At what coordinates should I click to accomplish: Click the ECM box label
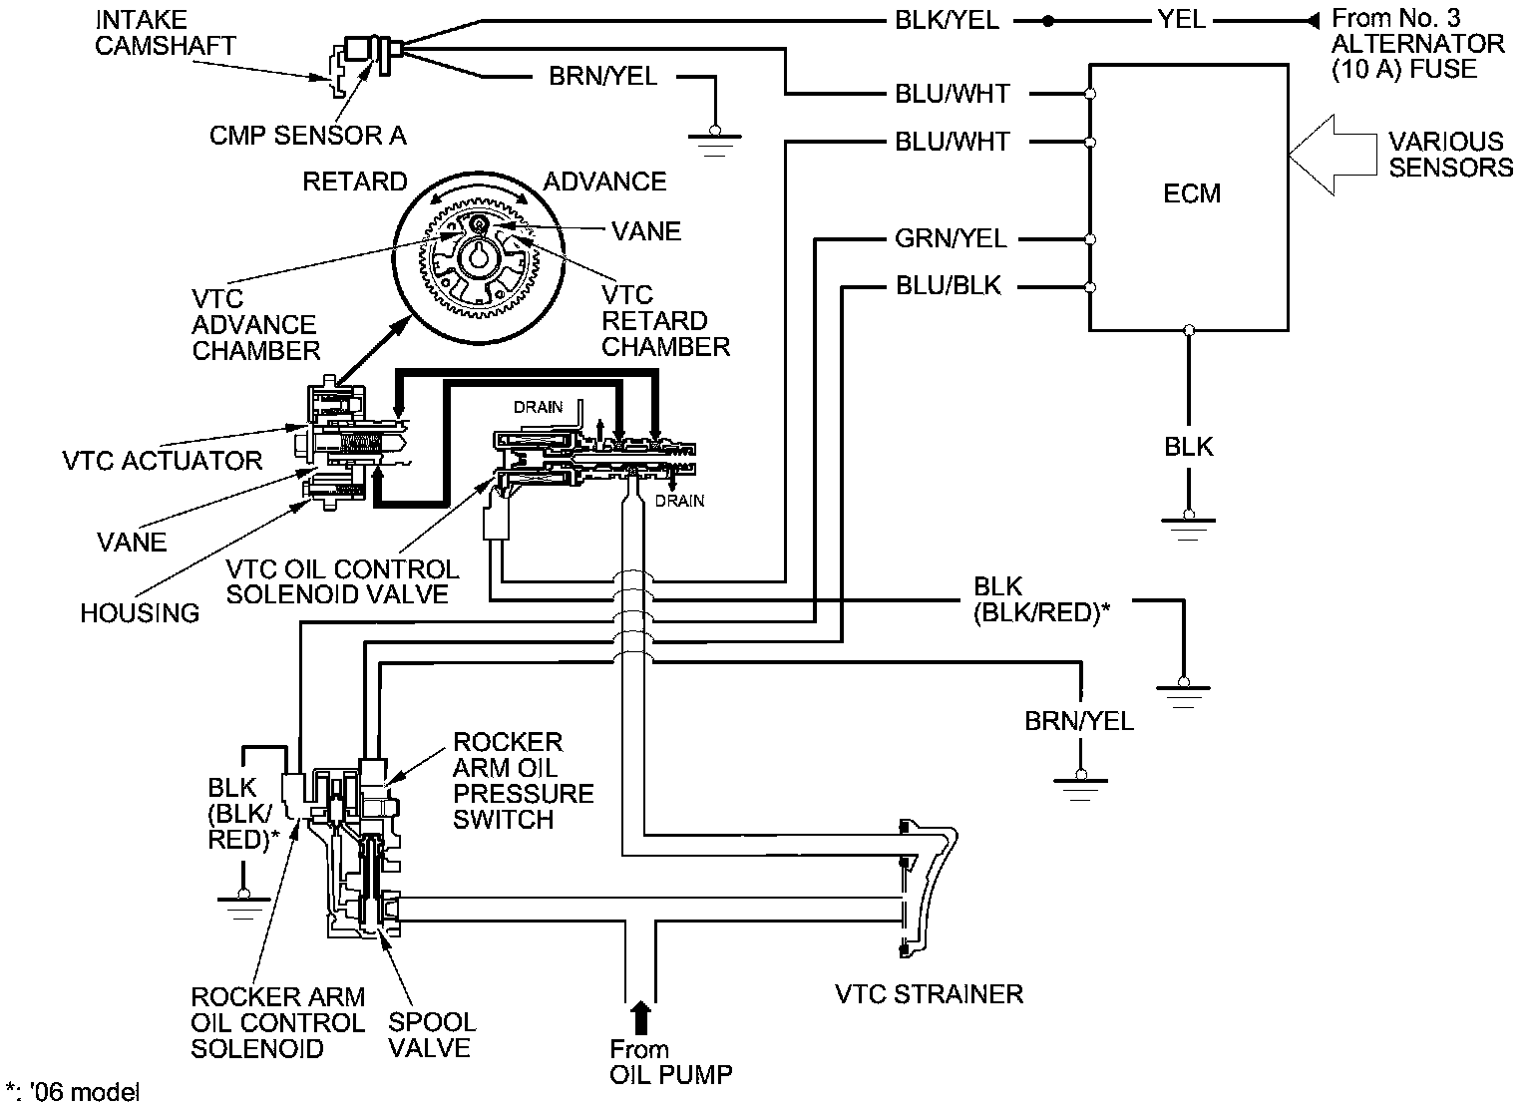click(x=1192, y=192)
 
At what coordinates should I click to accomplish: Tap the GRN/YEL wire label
click(x=951, y=239)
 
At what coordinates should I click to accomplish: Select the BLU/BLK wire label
click(x=948, y=287)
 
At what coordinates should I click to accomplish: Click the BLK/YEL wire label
click(x=947, y=21)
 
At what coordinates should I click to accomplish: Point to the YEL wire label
click(x=1182, y=21)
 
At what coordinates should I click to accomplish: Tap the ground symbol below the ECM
click(x=1187, y=523)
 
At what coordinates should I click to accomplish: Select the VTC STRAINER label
click(x=929, y=994)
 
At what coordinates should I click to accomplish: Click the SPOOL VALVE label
click(x=431, y=1035)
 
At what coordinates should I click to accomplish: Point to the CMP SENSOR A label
click(x=307, y=136)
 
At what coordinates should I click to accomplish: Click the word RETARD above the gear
click(x=355, y=182)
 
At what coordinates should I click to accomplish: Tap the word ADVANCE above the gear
click(x=604, y=182)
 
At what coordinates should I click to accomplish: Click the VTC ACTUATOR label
click(x=162, y=460)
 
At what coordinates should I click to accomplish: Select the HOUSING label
click(x=140, y=612)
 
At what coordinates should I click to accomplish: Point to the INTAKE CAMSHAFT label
click(x=166, y=32)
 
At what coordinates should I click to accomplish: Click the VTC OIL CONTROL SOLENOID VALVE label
click(x=342, y=581)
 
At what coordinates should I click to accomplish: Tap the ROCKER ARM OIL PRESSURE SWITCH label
click(x=523, y=781)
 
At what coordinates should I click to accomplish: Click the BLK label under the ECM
click(x=1189, y=446)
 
